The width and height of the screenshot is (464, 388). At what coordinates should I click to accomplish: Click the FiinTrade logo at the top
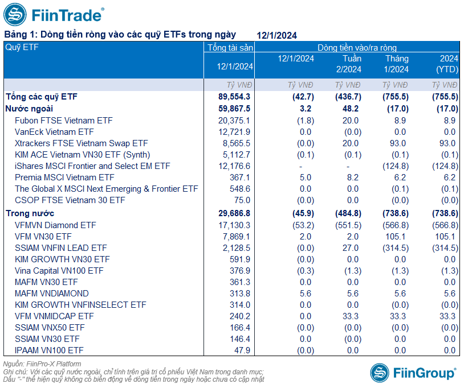54,15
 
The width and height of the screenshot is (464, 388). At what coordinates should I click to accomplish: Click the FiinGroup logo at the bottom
414,373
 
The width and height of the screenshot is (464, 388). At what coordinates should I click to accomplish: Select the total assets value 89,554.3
234,97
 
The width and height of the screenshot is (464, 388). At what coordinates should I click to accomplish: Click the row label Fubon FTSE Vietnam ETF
64,121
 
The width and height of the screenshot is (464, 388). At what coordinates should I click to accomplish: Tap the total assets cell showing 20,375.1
234,121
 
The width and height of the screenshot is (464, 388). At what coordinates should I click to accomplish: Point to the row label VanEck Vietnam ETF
54,132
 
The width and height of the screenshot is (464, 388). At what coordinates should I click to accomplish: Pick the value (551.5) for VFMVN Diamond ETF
348,225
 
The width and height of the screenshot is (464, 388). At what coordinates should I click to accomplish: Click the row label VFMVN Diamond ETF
55,225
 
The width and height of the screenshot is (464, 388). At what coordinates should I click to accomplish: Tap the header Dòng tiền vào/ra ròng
357,48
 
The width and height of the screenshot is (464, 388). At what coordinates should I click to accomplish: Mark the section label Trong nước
30,213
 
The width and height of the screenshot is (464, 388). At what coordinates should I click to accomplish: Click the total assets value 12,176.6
234,166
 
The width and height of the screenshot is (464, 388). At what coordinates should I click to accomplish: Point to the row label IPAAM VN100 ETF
49,350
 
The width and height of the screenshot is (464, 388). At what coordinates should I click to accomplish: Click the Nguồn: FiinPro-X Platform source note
42,364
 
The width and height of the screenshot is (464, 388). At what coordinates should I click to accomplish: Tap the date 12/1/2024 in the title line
276,35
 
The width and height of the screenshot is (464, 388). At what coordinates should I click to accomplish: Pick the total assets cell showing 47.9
242,350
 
